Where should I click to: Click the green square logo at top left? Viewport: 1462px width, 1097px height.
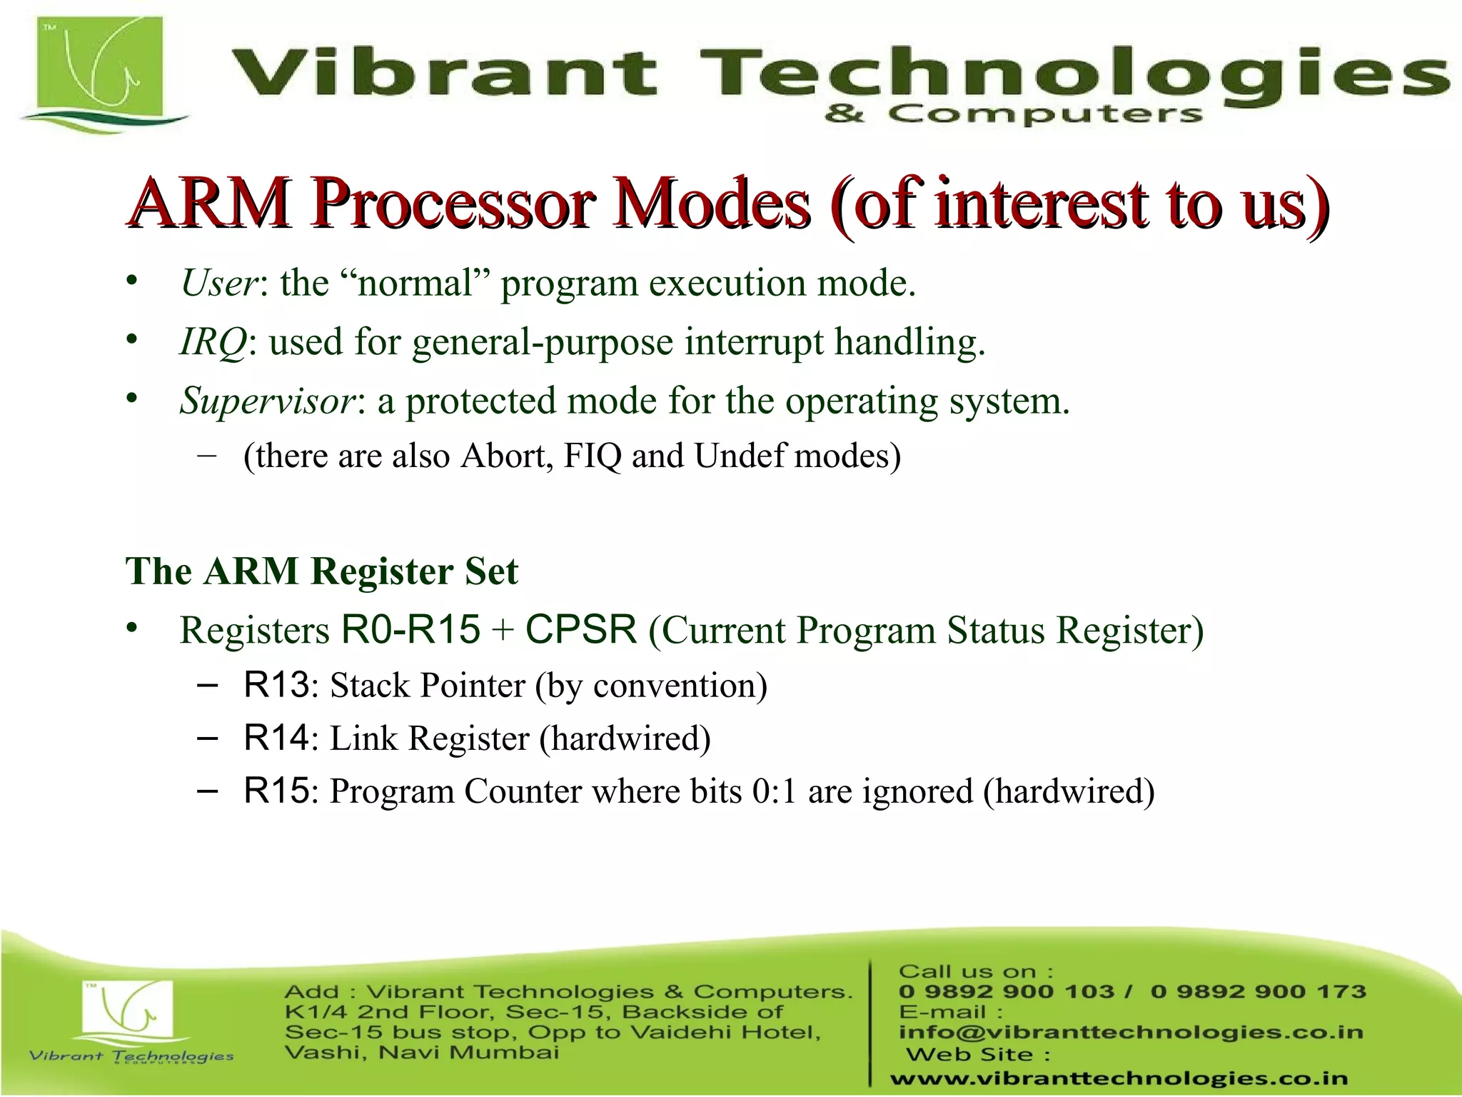pos(100,71)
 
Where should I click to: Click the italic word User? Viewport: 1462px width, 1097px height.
pos(218,283)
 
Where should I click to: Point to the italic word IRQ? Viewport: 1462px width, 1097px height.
pos(213,341)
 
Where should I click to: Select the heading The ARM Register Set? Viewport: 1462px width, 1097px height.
pos(321,571)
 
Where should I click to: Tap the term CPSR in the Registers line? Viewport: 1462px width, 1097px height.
pos(580,629)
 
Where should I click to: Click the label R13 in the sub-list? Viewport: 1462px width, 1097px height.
pos(276,684)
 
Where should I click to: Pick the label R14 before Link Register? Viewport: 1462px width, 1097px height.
pos(276,738)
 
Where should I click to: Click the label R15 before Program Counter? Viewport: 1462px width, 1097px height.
pos(276,791)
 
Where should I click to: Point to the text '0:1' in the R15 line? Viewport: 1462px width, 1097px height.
pos(774,791)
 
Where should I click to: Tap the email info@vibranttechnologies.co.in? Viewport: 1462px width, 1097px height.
pos(1130,1032)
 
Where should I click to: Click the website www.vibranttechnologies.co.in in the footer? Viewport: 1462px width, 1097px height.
pos(1119,1078)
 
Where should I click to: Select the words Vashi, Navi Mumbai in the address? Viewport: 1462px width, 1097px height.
pos(421,1052)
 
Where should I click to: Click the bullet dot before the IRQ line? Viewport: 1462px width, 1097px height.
pos(131,340)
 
